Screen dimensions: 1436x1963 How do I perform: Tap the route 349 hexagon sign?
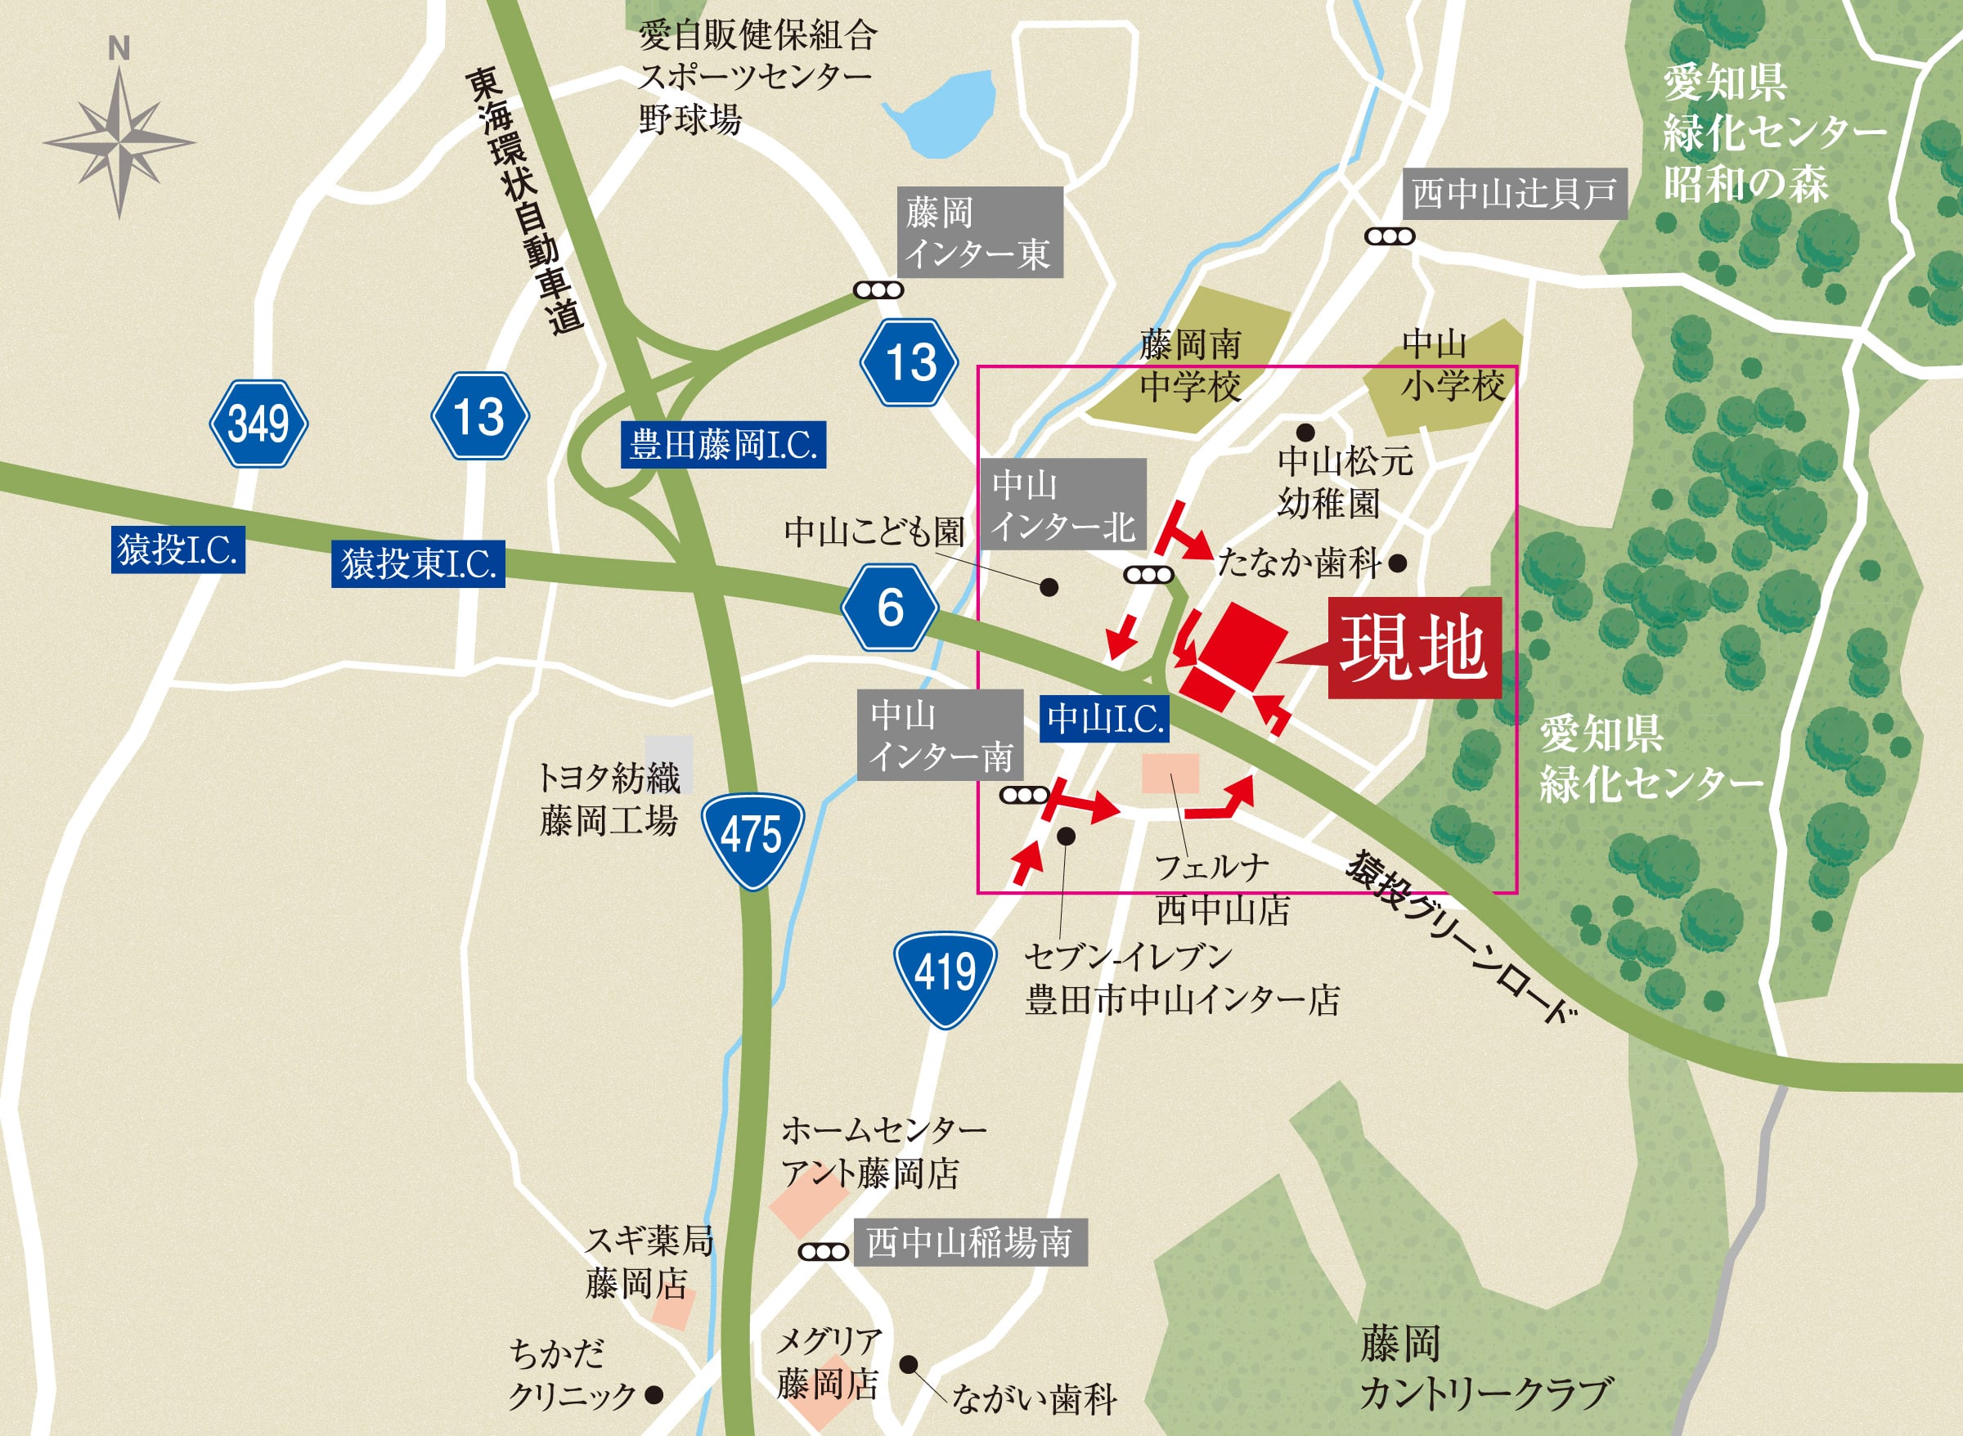point(258,424)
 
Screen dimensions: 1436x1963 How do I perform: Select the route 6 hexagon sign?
point(889,607)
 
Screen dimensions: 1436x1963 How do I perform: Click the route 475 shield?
point(752,838)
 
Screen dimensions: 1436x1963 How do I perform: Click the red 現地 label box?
point(1413,647)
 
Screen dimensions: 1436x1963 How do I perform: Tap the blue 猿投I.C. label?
point(177,550)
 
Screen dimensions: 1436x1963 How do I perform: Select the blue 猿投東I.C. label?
point(418,563)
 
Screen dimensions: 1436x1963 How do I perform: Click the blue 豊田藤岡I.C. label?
point(722,445)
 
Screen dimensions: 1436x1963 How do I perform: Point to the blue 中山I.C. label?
point(1104,719)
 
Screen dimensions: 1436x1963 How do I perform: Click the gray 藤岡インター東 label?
point(980,232)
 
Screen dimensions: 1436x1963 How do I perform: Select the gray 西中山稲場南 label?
point(969,1242)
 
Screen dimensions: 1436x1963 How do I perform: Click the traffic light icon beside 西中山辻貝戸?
point(1389,236)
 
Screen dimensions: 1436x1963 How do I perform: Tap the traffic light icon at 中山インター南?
point(1025,795)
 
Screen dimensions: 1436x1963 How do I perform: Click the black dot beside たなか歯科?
point(1398,563)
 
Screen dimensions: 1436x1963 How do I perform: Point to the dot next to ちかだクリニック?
point(654,1395)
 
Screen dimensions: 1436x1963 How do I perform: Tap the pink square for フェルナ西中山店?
point(1170,773)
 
